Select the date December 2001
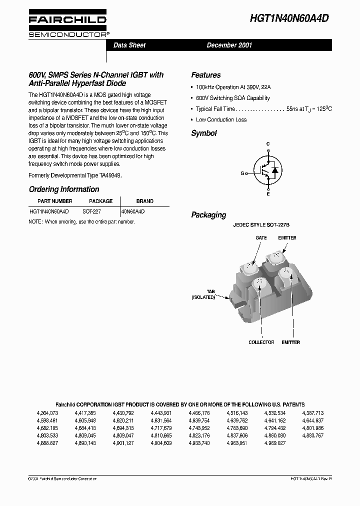(229, 45)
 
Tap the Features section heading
(205, 75)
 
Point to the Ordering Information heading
(64, 189)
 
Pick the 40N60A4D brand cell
(133, 211)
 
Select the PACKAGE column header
(100, 201)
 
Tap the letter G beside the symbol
(242, 173)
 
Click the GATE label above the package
(261, 238)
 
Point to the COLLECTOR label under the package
(261, 342)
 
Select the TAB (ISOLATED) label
(203, 294)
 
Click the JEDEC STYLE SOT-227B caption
(261, 225)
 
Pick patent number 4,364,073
(47, 413)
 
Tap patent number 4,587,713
(313, 413)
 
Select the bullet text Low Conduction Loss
(221, 119)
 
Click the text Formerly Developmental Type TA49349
(75, 175)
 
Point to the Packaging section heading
(208, 215)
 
